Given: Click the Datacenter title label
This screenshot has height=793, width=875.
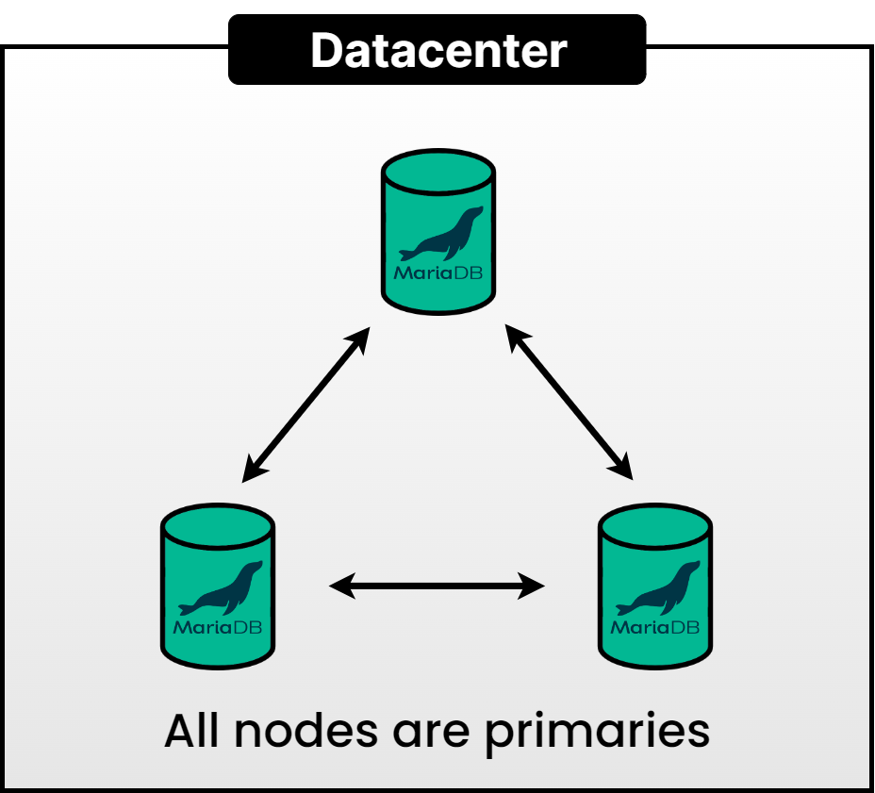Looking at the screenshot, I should [437, 50].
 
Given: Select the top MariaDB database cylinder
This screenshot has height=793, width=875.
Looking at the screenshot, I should [438, 236].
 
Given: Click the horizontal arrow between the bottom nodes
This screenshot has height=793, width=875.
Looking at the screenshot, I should [437, 587].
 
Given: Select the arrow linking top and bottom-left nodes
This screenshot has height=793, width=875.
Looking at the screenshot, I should [305, 406].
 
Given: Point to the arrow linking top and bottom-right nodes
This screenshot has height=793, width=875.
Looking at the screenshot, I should [569, 403].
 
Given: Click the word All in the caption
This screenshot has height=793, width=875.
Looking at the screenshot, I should [196, 731].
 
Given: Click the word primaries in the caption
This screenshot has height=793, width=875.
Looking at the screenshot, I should [598, 733].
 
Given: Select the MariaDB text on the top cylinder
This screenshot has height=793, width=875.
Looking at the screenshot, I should [438, 274].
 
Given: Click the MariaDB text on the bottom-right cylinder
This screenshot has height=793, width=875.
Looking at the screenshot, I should [655, 627].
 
